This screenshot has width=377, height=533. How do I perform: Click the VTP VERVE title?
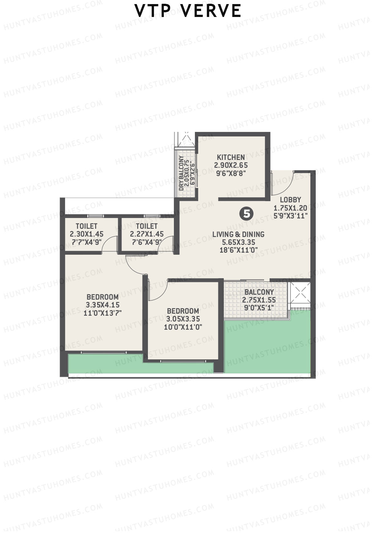click(x=188, y=11)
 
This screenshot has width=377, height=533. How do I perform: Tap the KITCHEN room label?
click(x=231, y=157)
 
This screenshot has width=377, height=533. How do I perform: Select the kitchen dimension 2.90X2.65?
click(x=231, y=165)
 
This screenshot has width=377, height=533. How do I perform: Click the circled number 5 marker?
click(x=247, y=214)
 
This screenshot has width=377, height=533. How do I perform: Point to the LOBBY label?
click(x=290, y=200)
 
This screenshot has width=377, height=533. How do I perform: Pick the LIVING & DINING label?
click(x=238, y=234)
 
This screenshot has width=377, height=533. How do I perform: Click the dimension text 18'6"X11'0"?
click(x=238, y=250)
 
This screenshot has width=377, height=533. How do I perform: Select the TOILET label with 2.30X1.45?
click(x=86, y=226)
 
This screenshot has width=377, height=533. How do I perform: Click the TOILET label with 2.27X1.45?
click(x=147, y=226)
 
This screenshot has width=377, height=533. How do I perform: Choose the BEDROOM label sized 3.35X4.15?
click(x=102, y=297)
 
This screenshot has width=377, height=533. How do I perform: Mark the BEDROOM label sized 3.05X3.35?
click(x=183, y=311)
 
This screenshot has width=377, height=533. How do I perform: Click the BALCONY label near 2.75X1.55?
click(x=259, y=292)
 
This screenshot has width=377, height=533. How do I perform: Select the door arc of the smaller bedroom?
click(x=157, y=291)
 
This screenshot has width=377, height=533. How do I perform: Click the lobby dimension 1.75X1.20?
click(x=290, y=208)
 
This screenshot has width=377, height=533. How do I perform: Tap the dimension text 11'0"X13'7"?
click(x=102, y=313)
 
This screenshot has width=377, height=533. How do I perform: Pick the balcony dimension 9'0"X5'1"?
click(x=259, y=308)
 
